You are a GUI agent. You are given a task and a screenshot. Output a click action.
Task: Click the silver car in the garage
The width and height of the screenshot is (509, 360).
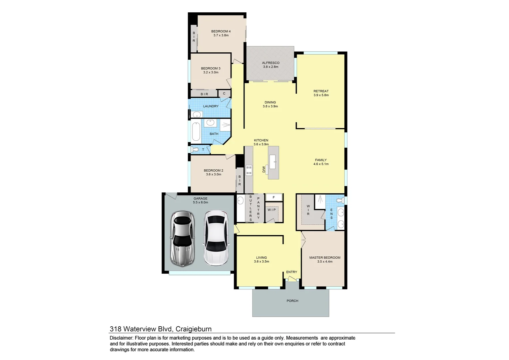pos(182,238)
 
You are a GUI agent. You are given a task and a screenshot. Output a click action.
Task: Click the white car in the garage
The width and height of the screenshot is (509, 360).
pos(216,238)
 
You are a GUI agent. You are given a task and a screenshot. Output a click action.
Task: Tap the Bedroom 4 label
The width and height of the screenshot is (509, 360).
pos(221,31)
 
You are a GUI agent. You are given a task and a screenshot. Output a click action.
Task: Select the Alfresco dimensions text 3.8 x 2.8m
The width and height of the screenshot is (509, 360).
pos(270,67)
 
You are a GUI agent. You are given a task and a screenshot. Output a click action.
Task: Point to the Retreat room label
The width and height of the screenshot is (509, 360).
pos(321,91)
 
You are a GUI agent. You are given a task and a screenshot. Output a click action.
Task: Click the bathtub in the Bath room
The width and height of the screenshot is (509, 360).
pos(196,131)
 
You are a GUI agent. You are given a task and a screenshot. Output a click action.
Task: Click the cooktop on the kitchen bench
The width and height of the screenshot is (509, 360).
pos(249,170)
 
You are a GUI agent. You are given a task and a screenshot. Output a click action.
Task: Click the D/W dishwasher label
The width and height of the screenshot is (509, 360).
pos(264,170)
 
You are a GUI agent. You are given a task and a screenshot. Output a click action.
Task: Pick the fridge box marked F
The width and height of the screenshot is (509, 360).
pos(274,197)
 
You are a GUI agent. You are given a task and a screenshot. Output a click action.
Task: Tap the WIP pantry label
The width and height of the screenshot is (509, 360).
pos(271,210)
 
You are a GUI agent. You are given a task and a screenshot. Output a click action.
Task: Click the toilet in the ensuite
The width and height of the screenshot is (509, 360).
pos(339,200)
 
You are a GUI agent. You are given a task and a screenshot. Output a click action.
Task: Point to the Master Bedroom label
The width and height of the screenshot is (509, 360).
pos(325,258)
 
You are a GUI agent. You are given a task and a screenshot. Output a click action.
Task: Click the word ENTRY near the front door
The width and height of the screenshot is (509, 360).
pos(291,272)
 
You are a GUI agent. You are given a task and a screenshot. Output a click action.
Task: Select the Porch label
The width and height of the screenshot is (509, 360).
pos(292,301)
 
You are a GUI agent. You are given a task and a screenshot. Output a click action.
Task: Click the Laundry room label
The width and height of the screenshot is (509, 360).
pos(211,106)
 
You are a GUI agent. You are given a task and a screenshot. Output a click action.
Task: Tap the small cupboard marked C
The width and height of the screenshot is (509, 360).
pos(224,94)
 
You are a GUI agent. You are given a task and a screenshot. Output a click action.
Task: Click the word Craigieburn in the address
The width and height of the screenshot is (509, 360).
pos(193,329)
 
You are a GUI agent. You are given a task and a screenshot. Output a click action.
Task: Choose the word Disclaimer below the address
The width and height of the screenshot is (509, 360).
pos(121,338)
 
